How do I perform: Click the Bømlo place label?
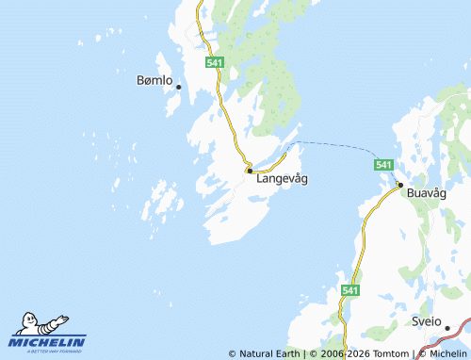click(154, 81)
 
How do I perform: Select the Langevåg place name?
click(282, 177)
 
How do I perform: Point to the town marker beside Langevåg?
click(249, 171)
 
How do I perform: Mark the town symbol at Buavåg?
click(400, 185)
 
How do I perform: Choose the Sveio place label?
click(426, 321)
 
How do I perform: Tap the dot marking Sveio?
click(449, 328)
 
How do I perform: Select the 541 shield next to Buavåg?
click(382, 165)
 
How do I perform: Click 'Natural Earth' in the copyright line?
click(268, 354)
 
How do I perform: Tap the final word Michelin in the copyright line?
click(447, 354)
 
